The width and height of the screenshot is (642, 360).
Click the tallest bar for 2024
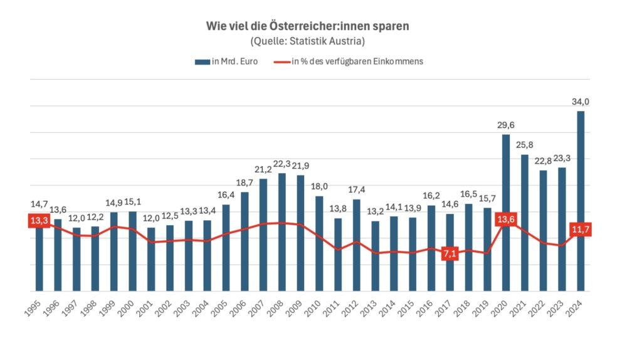pyautogui.click(x=581, y=201)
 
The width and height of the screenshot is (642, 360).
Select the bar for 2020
pyautogui.click(x=505, y=213)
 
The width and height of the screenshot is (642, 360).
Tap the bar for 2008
pyautogui.click(x=282, y=232)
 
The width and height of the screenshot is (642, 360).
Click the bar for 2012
pyautogui.click(x=356, y=245)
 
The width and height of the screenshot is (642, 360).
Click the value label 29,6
pyautogui.click(x=505, y=125)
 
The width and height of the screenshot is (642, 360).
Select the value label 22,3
pyautogui.click(x=282, y=164)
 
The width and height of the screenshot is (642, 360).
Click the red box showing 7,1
pyautogui.click(x=450, y=254)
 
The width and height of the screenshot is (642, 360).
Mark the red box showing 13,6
pyautogui.click(x=505, y=219)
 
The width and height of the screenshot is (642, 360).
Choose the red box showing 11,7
pyautogui.click(x=581, y=230)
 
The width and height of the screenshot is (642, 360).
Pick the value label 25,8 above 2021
pyautogui.click(x=524, y=146)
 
